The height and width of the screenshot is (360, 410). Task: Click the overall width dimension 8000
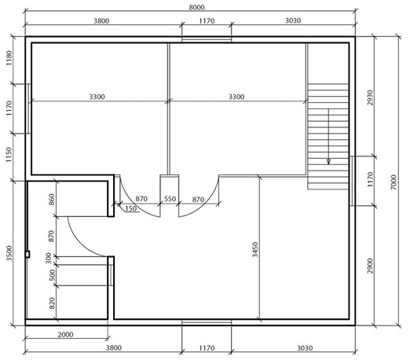[196, 7]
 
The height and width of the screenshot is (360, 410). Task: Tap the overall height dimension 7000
[394, 182]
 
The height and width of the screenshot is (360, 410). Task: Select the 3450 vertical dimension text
[255, 249]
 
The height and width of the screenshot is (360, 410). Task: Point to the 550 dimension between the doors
[170, 199]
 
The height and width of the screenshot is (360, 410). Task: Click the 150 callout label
[130, 208]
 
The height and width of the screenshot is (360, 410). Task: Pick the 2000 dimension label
[65, 335]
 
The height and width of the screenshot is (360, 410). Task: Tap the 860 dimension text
[52, 200]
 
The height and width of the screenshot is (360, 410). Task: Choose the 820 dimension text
[53, 303]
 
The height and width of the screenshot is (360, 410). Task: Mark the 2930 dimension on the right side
[370, 97]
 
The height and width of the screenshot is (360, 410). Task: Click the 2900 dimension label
[370, 266]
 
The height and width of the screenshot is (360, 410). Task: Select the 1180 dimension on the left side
[9, 58]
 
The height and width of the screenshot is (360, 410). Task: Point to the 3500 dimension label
[9, 253]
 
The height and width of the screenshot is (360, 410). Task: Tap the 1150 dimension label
[9, 155]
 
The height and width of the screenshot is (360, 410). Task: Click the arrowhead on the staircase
[328, 162]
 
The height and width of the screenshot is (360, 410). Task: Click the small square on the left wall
[27, 254]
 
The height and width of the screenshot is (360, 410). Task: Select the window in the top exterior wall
[207, 40]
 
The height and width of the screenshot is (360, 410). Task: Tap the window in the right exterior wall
[352, 181]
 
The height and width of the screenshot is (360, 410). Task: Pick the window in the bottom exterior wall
[207, 322]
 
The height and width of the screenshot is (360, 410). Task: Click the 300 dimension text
[49, 259]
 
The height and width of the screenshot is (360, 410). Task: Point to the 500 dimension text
[53, 275]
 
